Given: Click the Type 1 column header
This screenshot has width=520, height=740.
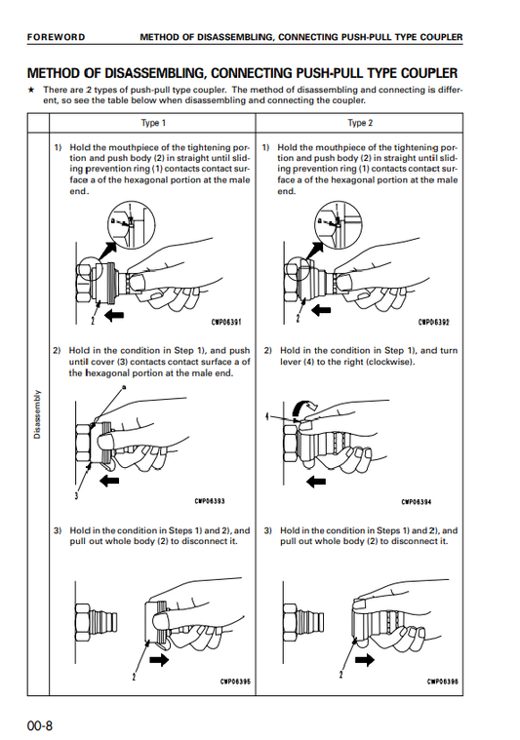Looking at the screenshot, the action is [153, 123].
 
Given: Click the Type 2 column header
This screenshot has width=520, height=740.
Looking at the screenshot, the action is [360, 123].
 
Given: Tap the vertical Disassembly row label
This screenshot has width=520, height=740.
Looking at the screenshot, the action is [37, 414].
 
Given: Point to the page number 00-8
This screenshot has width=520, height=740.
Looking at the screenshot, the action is [40, 725].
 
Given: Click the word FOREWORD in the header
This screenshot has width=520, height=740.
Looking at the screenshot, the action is [56, 37].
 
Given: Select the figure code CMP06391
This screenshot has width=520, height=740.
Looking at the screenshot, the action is [226, 323].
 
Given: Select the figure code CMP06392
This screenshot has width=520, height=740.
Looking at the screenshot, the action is [433, 323].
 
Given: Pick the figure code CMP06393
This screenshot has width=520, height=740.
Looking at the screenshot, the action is [210, 501].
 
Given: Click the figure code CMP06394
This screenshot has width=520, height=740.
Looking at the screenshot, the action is [417, 502].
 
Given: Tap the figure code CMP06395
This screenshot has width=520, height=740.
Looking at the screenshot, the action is [235, 682].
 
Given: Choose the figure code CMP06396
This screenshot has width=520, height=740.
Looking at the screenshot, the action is [443, 682].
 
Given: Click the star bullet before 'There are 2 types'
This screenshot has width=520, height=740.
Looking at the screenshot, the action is [31, 89].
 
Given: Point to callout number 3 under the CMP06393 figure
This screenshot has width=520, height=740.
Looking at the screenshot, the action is [76, 495].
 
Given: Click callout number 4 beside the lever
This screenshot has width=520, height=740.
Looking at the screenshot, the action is [267, 416].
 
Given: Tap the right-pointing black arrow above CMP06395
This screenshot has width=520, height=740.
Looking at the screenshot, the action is [159, 659].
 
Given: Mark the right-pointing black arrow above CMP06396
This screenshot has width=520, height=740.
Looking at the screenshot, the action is [365, 659].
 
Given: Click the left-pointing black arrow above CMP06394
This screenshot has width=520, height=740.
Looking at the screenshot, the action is [316, 482].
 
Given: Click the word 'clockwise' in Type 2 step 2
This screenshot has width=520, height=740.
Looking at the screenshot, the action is [389, 362].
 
